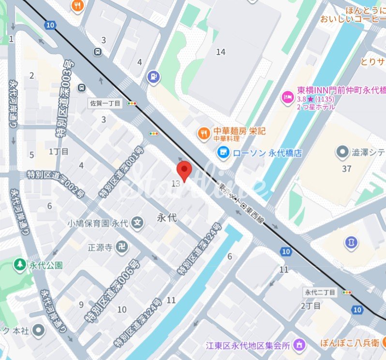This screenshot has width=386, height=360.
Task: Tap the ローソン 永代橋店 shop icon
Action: click(223, 153)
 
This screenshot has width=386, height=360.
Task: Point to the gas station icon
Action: click(153, 76)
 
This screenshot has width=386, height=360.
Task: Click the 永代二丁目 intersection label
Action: click(320, 292)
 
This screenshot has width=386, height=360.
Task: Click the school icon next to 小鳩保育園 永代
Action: click(138, 223)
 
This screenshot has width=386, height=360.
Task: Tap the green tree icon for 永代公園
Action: click(20, 265)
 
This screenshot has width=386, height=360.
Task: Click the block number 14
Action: click(221, 52)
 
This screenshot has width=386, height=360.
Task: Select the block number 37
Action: click(346, 169)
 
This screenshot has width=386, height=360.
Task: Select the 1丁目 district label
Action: click(59, 152)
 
